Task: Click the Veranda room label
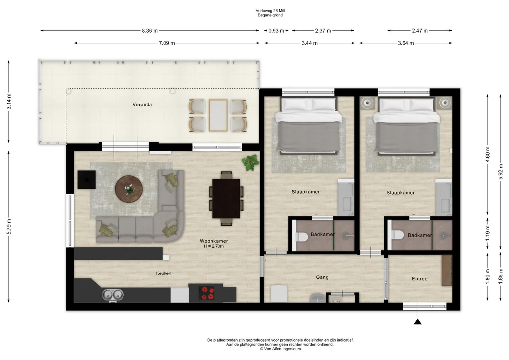click(x=142, y=105)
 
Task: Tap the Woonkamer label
click(x=213, y=241)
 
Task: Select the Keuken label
click(x=164, y=273)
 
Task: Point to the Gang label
click(x=322, y=277)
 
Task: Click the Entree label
click(x=420, y=279)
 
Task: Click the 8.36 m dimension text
click(x=150, y=31)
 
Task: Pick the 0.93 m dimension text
click(x=276, y=31)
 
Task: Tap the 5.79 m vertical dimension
click(x=8, y=227)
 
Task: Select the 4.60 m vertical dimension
click(x=487, y=154)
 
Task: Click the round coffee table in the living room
click(x=129, y=189)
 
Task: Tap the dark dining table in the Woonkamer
click(x=226, y=198)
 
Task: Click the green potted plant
click(x=250, y=163)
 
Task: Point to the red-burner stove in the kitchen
click(x=206, y=293)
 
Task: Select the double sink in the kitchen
click(x=113, y=295)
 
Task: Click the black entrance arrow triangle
click(x=418, y=322)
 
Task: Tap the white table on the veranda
click(x=218, y=115)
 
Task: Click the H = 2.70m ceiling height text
click(x=213, y=246)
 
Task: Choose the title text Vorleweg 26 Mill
click(x=270, y=11)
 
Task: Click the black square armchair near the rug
click(x=86, y=180)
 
